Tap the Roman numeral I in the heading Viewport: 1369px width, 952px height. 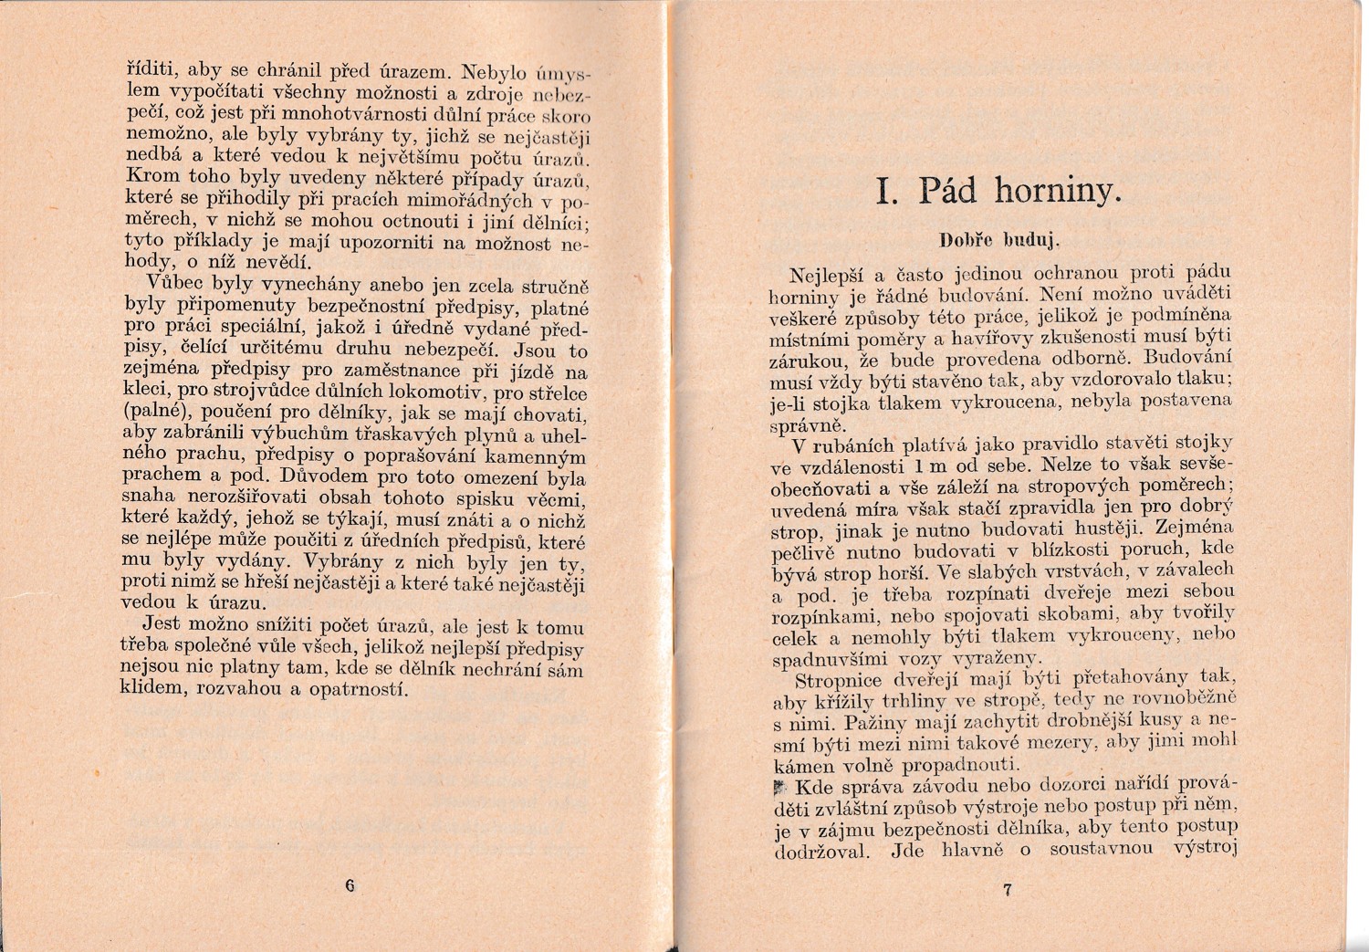[x=883, y=192]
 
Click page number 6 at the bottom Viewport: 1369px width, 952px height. [x=350, y=884]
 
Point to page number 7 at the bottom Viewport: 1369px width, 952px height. [x=1007, y=890]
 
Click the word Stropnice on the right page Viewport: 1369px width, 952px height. [x=838, y=680]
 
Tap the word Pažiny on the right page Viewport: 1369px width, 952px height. [x=874, y=722]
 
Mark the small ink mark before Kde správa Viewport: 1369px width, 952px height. [x=779, y=787]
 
